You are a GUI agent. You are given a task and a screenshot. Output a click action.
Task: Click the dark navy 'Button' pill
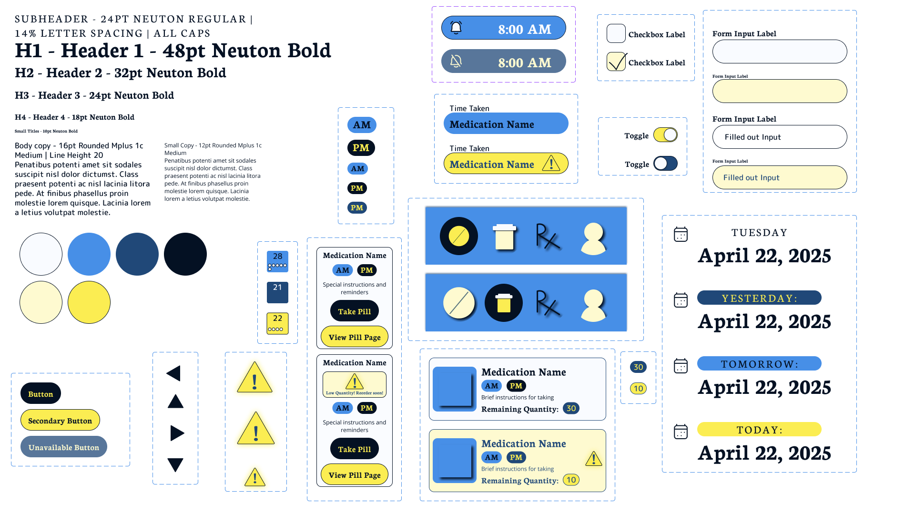[x=41, y=394]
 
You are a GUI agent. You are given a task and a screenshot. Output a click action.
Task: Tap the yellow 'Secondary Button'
[x=60, y=421]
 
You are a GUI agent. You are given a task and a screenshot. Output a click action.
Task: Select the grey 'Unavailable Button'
[x=64, y=447]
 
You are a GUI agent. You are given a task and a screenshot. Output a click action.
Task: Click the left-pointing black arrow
[x=174, y=373]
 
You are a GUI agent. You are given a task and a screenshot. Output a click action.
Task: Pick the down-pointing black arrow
[x=175, y=464]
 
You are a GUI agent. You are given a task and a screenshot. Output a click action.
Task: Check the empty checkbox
[x=616, y=34]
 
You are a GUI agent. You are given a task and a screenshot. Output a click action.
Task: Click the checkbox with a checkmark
[x=616, y=62]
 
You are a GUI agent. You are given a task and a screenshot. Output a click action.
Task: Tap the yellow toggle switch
[x=665, y=135]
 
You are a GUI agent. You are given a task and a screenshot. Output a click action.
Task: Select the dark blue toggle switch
[x=665, y=164]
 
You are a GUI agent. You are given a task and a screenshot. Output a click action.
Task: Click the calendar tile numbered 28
[x=277, y=261]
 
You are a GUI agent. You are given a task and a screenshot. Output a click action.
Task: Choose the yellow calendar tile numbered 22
[x=277, y=323]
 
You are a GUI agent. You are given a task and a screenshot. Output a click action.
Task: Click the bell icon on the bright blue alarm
[x=456, y=28]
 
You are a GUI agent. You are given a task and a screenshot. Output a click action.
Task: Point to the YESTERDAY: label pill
[x=759, y=298]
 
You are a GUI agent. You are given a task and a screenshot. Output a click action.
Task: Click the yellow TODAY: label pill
[x=759, y=430]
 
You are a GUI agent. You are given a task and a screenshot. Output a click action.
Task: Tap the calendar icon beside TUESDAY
[x=681, y=234]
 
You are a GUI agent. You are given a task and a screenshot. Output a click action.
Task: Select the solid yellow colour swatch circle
[x=89, y=302]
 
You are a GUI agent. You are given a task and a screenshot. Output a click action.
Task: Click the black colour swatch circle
[x=185, y=254]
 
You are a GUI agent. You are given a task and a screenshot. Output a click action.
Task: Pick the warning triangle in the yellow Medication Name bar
[x=551, y=164]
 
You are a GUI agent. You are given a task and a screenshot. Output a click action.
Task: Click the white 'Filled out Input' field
[x=780, y=137]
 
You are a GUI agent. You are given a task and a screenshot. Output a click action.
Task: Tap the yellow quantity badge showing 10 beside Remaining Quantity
[x=571, y=480]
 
